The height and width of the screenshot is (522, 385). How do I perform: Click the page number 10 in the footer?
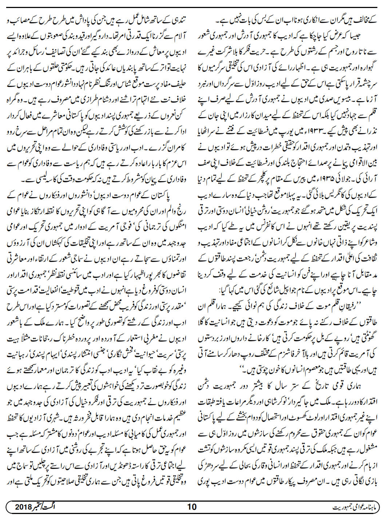pos(192,506)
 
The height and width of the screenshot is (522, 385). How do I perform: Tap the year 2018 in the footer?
pos(24,506)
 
